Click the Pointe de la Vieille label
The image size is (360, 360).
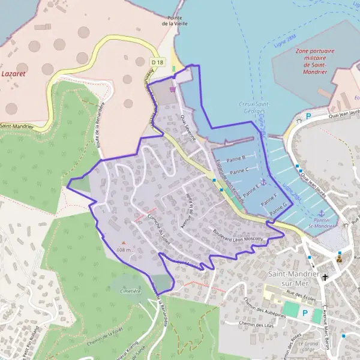tap(175, 21)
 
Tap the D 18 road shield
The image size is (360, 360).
tap(157, 61)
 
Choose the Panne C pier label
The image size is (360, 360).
tap(239, 171)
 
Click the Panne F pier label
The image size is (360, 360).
tap(268, 199)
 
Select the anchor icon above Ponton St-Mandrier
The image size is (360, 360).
tap(320, 214)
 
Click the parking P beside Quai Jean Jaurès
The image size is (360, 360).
tap(309, 116)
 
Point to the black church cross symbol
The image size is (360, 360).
tap(325, 277)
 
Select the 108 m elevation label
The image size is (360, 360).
tap(124, 249)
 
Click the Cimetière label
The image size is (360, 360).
tap(130, 291)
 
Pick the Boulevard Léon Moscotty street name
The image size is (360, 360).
tap(238, 234)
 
